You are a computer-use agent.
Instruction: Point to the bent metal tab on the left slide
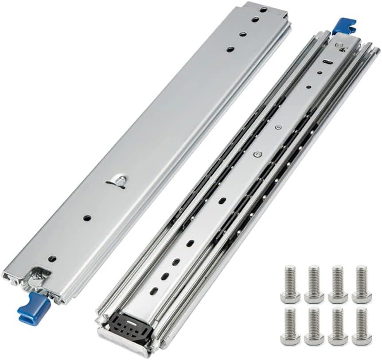(x=117, y=181)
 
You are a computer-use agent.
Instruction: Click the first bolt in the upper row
(x=290, y=283)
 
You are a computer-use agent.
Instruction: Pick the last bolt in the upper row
(x=362, y=283)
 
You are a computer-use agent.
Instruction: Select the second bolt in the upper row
(x=314, y=283)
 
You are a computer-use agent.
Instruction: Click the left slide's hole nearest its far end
(x=263, y=9)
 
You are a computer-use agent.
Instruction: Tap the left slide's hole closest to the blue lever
(x=52, y=258)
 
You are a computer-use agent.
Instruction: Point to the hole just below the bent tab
(x=87, y=218)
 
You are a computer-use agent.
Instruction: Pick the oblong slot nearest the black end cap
(x=155, y=290)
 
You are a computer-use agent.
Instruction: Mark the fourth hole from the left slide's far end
(x=230, y=50)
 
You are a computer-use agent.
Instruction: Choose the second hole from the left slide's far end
(x=256, y=19)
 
